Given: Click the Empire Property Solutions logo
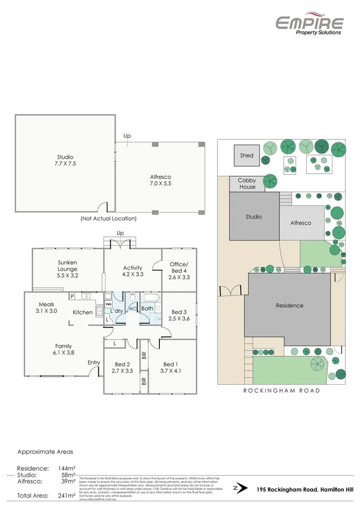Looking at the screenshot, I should (x=309, y=25).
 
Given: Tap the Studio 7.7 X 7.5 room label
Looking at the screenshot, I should (x=64, y=160).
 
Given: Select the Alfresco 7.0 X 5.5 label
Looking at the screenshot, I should (x=160, y=180).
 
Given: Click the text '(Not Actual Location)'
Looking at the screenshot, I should (x=108, y=218).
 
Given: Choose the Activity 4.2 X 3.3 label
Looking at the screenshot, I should (x=132, y=271).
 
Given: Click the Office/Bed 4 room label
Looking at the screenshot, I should (x=180, y=271).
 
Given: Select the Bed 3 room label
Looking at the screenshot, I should (x=179, y=315).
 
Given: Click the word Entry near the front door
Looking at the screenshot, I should (x=94, y=362).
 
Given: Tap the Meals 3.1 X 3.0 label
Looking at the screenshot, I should (x=46, y=308).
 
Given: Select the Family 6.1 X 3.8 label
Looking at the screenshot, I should (x=63, y=350).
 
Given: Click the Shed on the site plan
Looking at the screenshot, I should (x=246, y=155).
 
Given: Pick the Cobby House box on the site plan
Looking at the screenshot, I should (x=248, y=183).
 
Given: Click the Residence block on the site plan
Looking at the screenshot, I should (x=290, y=305).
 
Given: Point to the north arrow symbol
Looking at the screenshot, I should (x=236, y=489).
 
